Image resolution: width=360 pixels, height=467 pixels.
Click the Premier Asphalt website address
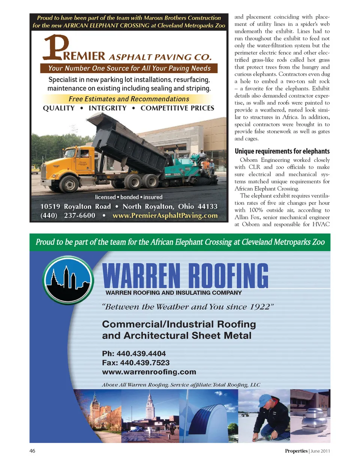pyautogui.click(x=165, y=216)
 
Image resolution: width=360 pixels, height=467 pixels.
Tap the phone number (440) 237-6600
pyautogui.click(x=68, y=216)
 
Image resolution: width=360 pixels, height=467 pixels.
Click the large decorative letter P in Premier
pyautogui.click(x=55, y=47)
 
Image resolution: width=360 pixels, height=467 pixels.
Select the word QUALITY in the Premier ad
pyautogui.click(x=59, y=108)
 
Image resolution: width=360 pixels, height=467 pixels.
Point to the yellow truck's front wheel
pyautogui.click(x=70, y=184)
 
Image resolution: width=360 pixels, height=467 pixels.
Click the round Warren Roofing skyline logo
pyautogui.click(x=68, y=280)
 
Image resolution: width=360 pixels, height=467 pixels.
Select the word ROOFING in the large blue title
pyautogui.click(x=228, y=276)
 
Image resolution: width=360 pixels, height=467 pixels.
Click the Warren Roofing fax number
pyautogui.click(x=145, y=362)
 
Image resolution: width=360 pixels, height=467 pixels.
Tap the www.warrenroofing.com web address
pyautogui.click(x=149, y=372)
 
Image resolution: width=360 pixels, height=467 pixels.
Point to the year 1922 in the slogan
pyautogui.click(x=260, y=307)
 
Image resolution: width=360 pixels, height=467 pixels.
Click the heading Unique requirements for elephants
pyautogui.click(x=282, y=151)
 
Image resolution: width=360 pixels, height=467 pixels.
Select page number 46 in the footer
pyautogui.click(x=32, y=451)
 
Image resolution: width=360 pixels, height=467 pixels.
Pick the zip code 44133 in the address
pyautogui.click(x=207, y=207)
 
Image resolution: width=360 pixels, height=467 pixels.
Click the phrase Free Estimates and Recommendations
pyautogui.click(x=129, y=99)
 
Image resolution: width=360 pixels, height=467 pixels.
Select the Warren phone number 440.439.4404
pyautogui.click(x=141, y=353)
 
